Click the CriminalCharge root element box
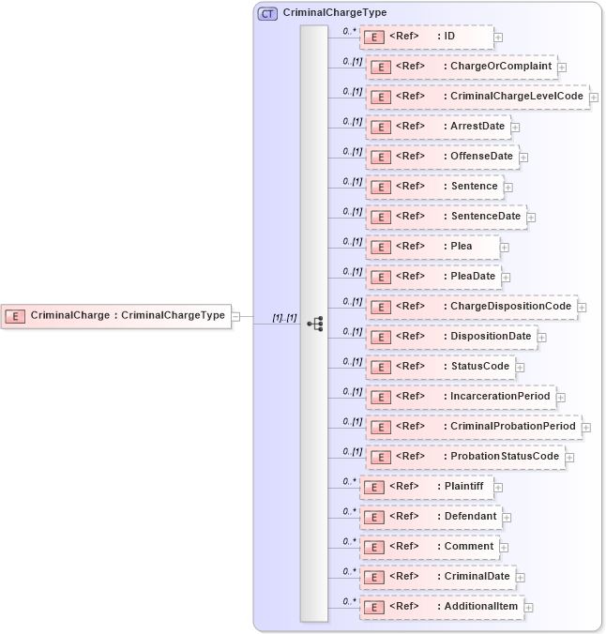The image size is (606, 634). click(117, 316)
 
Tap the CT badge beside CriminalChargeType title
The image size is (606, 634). click(267, 13)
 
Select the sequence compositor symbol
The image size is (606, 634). click(315, 324)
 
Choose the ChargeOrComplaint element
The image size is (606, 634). click(461, 67)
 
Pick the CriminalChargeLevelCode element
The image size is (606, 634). click(477, 97)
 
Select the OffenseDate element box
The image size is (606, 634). click(442, 157)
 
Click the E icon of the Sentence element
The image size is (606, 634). click(380, 187)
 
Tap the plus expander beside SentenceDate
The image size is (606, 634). click(531, 218)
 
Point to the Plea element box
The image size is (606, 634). click(432, 247)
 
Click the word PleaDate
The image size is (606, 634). click(473, 277)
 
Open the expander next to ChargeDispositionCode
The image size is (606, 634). click(582, 308)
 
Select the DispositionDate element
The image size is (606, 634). click(449, 337)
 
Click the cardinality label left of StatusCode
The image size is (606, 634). click(352, 362)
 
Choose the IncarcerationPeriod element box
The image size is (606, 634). click(459, 397)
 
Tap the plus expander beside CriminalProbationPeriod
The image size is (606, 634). click(586, 428)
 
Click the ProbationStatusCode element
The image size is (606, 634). click(463, 457)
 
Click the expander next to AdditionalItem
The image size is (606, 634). click(529, 608)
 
